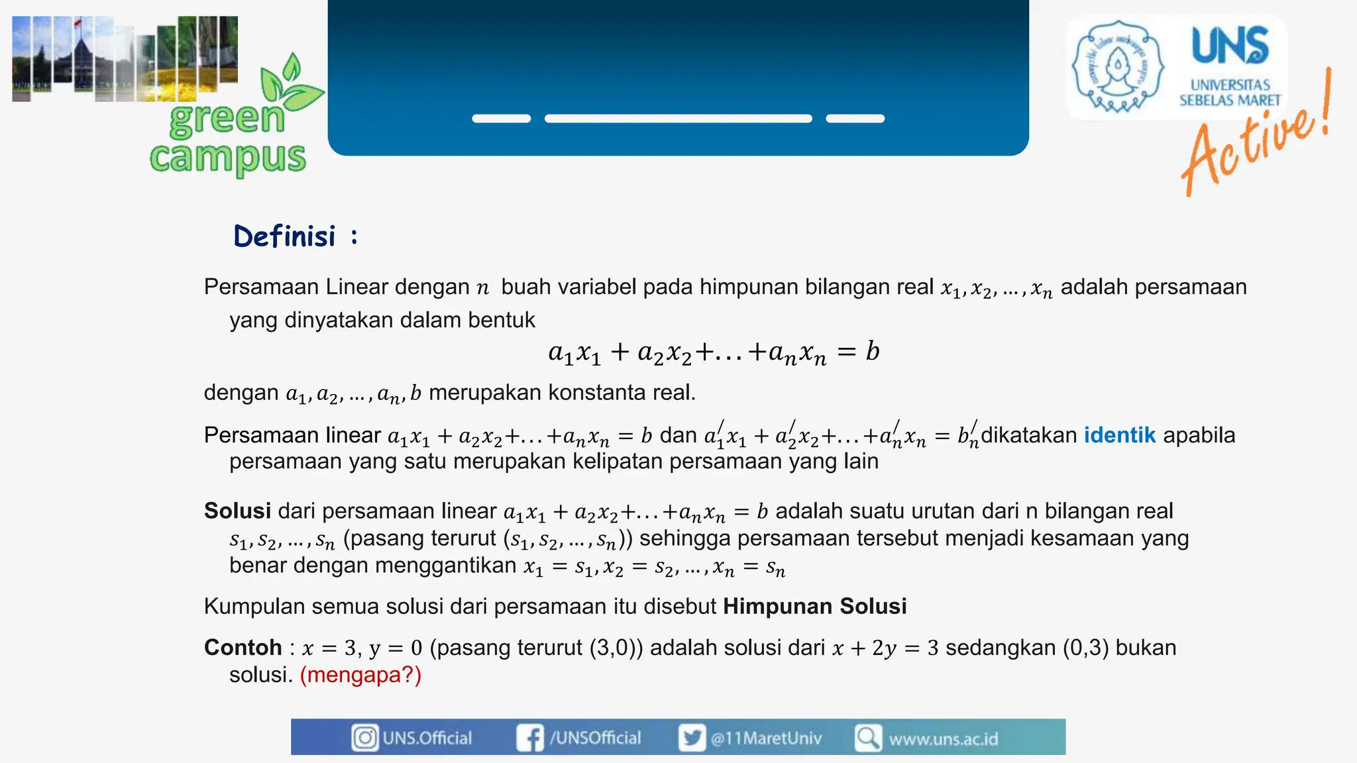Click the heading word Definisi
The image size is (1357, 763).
pyautogui.click(x=285, y=236)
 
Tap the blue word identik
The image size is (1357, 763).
pyautogui.click(x=1119, y=435)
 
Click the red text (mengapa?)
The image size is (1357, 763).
pyautogui.click(x=360, y=675)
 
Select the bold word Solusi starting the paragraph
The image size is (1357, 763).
pyautogui.click(x=237, y=511)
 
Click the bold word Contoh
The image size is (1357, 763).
pyautogui.click(x=243, y=647)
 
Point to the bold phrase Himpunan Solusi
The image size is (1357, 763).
pyautogui.click(x=814, y=606)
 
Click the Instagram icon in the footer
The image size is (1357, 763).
pyautogui.click(x=364, y=738)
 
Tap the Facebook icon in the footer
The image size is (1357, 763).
pyautogui.click(x=529, y=738)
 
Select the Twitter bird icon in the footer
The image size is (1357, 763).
pyautogui.click(x=692, y=738)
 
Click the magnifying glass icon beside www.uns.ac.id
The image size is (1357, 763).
pyautogui.click(x=867, y=738)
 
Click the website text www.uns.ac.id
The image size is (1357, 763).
pyautogui.click(x=943, y=738)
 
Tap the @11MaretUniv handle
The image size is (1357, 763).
pyautogui.click(x=766, y=738)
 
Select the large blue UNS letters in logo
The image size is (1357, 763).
pyautogui.click(x=1230, y=46)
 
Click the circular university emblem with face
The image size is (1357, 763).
pyautogui.click(x=1118, y=66)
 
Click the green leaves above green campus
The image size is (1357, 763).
pyautogui.click(x=290, y=86)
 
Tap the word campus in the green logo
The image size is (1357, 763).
pyautogui.click(x=227, y=158)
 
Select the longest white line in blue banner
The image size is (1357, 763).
pyautogui.click(x=678, y=119)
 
